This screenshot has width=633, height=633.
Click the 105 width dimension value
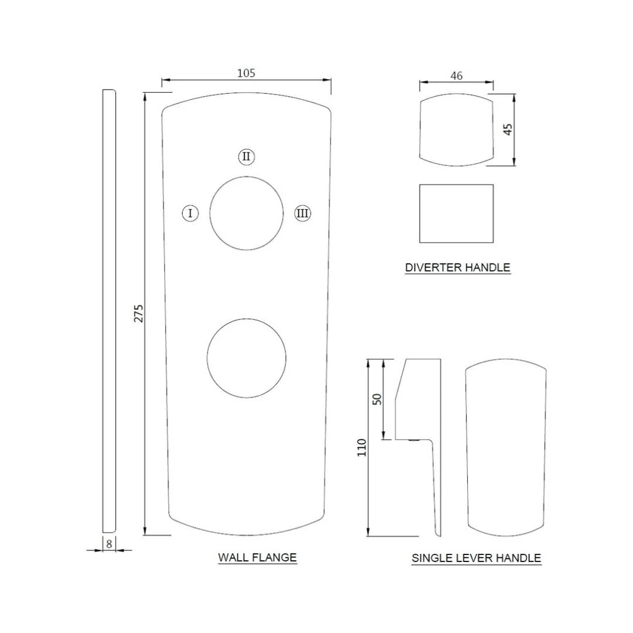(x=246, y=73)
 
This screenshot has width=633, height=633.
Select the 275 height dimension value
(x=138, y=313)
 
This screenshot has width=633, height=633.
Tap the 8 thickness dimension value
(x=109, y=544)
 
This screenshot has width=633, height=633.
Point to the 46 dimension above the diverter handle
(x=456, y=76)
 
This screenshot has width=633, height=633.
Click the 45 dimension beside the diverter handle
(x=508, y=129)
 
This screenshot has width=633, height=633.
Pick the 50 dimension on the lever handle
(x=377, y=399)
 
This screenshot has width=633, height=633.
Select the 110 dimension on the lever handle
(x=362, y=447)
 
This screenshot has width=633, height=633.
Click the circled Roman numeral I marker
(x=190, y=213)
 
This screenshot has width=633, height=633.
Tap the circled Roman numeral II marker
(x=246, y=156)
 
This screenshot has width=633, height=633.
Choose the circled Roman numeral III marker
(x=302, y=213)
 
